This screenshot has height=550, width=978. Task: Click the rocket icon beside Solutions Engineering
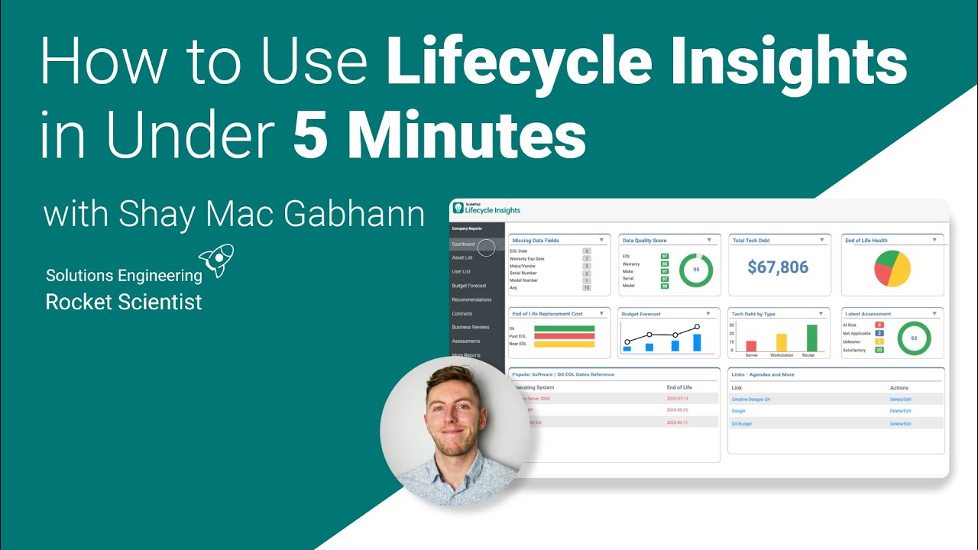[216, 260]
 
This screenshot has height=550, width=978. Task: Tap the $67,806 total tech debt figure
[778, 267]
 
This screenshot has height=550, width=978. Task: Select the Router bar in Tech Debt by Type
[811, 338]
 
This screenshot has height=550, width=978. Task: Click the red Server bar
[751, 346]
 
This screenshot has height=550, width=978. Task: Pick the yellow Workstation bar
[782, 342]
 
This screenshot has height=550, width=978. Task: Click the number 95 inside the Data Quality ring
[696, 270]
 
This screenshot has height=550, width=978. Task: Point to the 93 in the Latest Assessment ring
[914, 338]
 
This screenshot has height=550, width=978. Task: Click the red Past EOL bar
[564, 336]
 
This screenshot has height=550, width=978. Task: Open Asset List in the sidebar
[462, 258]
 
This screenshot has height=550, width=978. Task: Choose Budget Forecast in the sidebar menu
[468, 286]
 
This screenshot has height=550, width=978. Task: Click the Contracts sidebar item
[462, 313]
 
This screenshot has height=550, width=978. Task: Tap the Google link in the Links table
[738, 411]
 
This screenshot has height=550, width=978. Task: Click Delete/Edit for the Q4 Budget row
[900, 423]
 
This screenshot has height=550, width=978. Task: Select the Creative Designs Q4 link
[751, 400]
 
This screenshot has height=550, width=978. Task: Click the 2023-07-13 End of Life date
[678, 399]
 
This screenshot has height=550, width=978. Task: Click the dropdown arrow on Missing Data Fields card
[601, 240]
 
